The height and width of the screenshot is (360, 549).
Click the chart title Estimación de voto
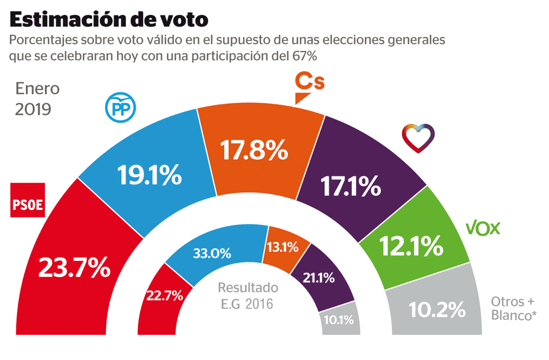pyautogui.click(x=109, y=20)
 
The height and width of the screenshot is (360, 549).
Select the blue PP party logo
pyautogui.click(x=121, y=107)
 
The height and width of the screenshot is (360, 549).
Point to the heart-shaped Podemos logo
pyautogui.click(x=419, y=138)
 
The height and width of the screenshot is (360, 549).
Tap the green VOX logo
pyautogui.click(x=483, y=229)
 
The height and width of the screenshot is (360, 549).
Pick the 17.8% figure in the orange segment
pyautogui.click(x=255, y=150)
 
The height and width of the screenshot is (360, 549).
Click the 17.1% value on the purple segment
pyautogui.click(x=351, y=186)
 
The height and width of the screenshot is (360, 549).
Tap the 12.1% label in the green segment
pyautogui.click(x=412, y=246)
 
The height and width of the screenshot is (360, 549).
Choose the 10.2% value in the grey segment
pyautogui.click(x=436, y=309)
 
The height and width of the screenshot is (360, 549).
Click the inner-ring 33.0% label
pyautogui.click(x=212, y=252)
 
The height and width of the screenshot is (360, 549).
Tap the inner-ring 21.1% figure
pyautogui.click(x=320, y=278)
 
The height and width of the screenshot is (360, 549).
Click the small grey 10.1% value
pyautogui.click(x=338, y=320)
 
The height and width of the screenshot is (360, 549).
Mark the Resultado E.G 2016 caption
pyautogui.click(x=248, y=295)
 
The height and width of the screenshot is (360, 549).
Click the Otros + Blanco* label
pyautogui.click(x=514, y=308)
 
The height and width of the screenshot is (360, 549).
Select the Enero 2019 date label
pyautogui.click(x=37, y=99)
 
